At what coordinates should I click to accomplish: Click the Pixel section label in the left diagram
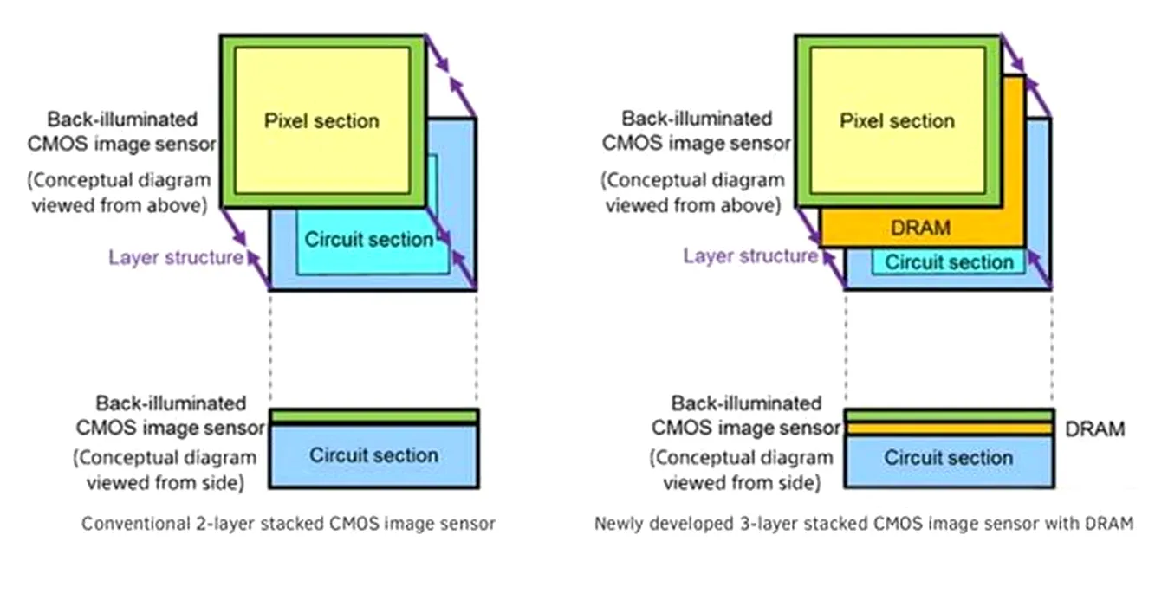(321, 120)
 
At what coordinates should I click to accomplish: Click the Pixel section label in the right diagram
(897, 120)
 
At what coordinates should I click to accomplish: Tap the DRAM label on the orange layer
(920, 229)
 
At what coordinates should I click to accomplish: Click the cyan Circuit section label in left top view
(369, 240)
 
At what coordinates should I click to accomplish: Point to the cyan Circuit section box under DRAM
(949, 262)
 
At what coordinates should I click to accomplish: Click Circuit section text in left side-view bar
(373, 455)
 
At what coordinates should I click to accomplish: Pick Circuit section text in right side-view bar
(949, 457)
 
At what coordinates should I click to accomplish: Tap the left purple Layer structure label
(175, 257)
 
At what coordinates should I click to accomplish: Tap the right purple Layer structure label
(750, 255)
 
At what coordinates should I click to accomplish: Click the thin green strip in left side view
(373, 416)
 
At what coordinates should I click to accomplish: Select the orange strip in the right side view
(949, 429)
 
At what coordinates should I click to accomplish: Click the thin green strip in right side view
(949, 416)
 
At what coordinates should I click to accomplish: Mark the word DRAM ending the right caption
(1115, 524)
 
